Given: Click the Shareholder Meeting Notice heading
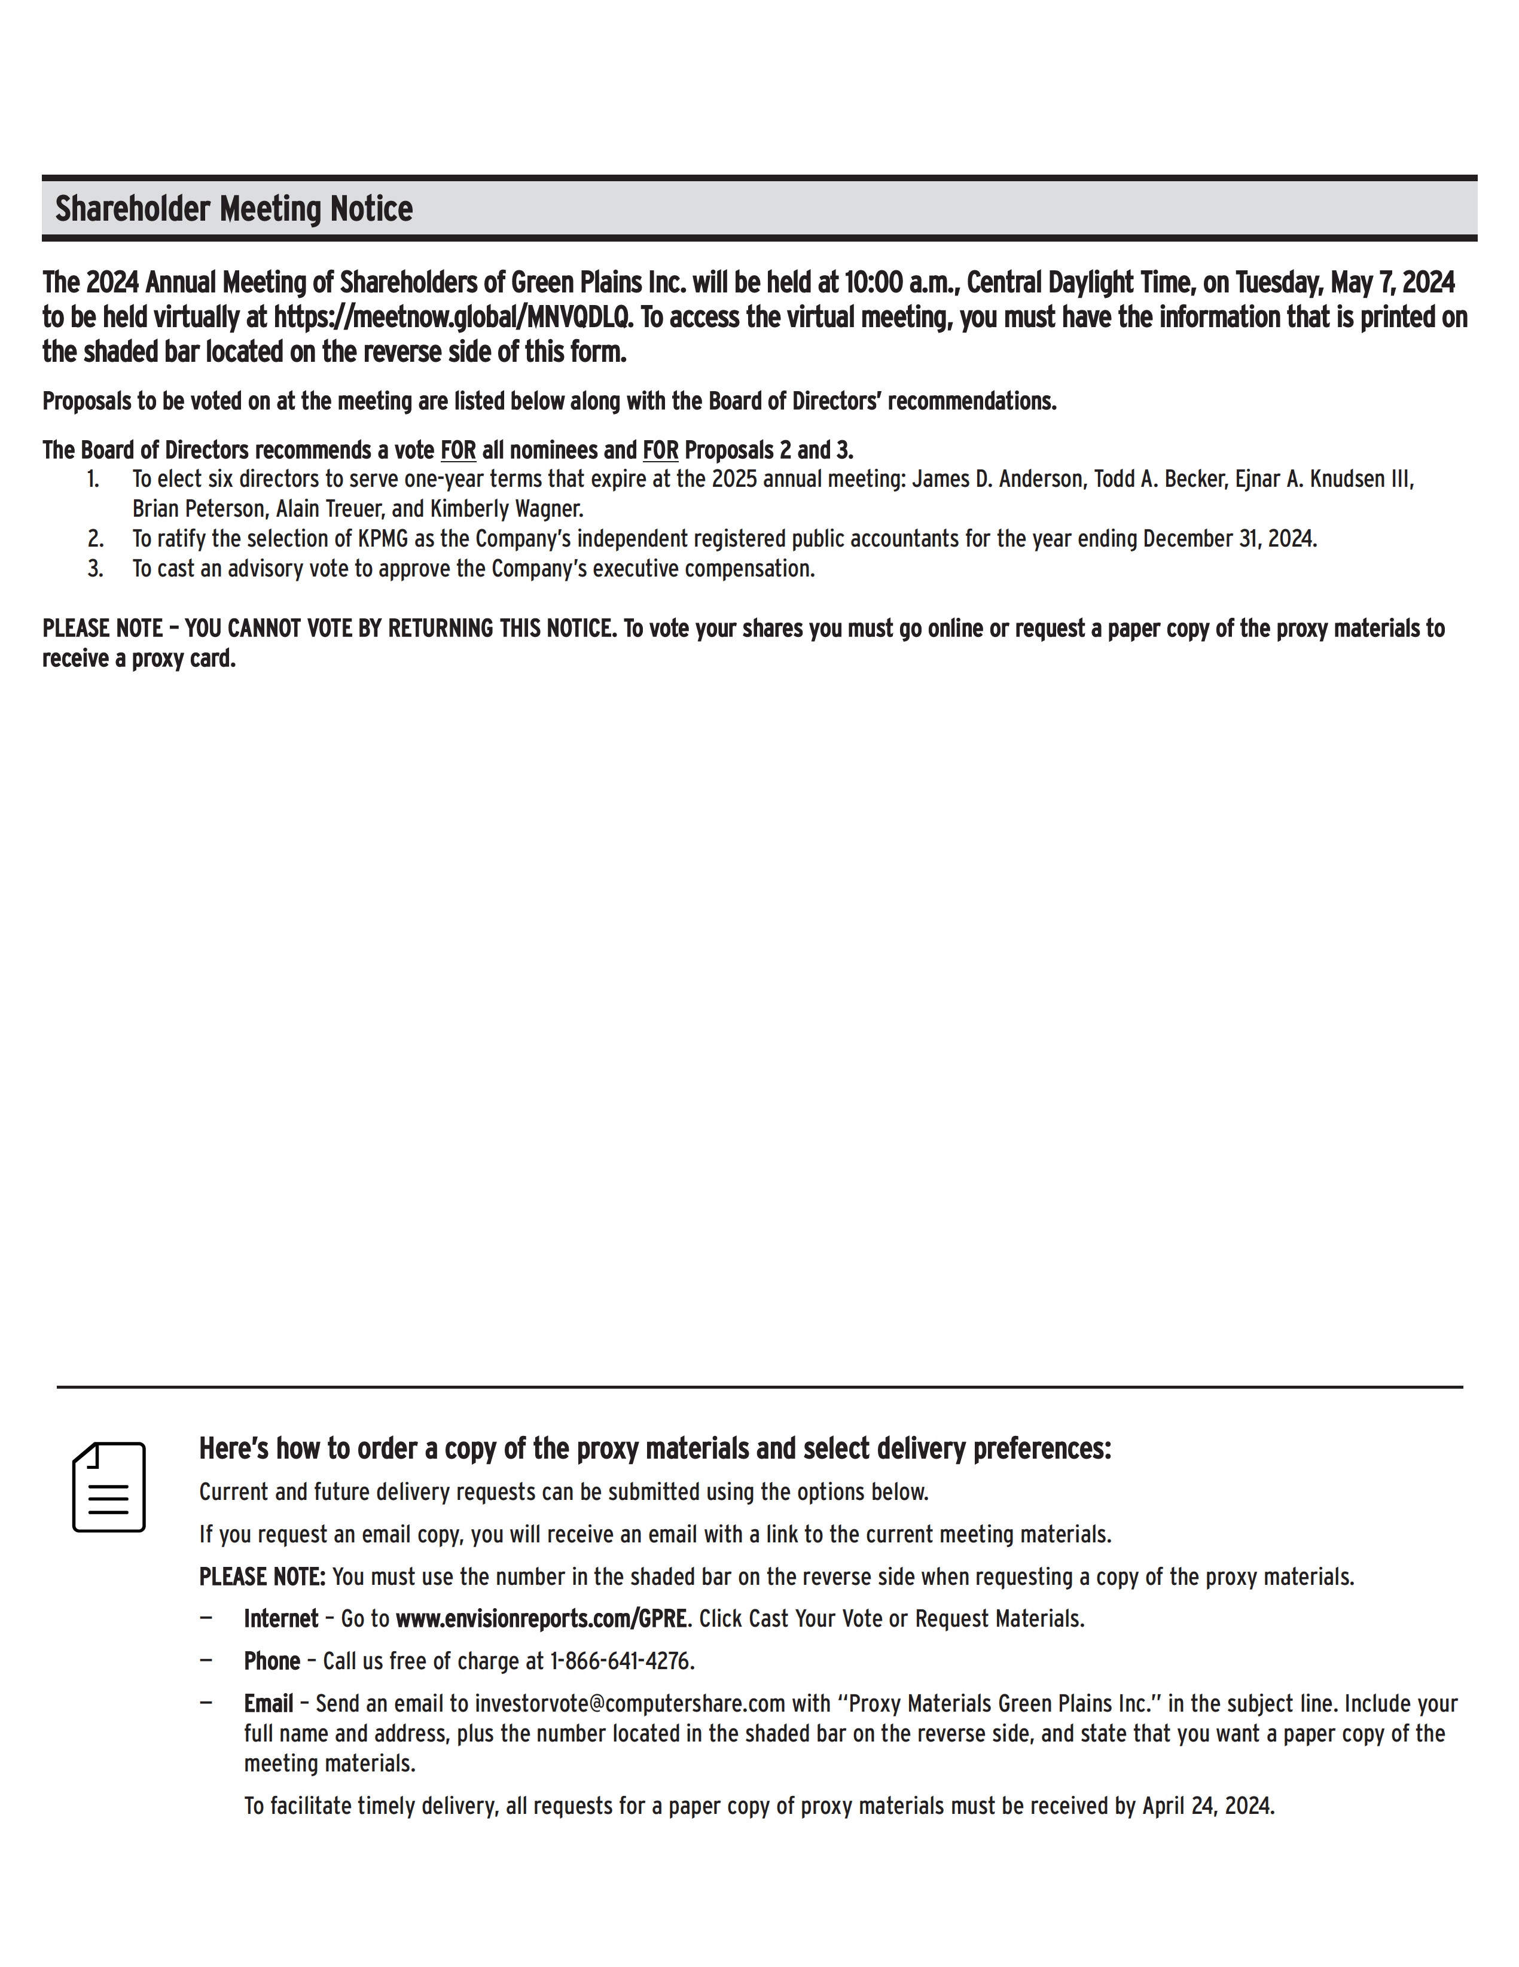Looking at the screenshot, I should click(x=233, y=209).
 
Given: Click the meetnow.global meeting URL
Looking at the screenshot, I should click(x=450, y=318).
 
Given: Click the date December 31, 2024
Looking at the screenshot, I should click(x=1228, y=539).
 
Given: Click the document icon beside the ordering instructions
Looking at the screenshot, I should click(x=108, y=1487).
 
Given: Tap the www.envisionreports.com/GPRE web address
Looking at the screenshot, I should click(x=541, y=1618).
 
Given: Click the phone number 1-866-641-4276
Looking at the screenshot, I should click(x=621, y=1661).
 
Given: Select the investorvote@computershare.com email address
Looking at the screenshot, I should click(x=630, y=1703).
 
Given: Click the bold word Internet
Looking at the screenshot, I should click(x=281, y=1618).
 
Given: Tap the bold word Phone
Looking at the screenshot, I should click(x=272, y=1661).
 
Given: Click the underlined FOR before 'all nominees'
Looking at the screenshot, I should click(x=457, y=449).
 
